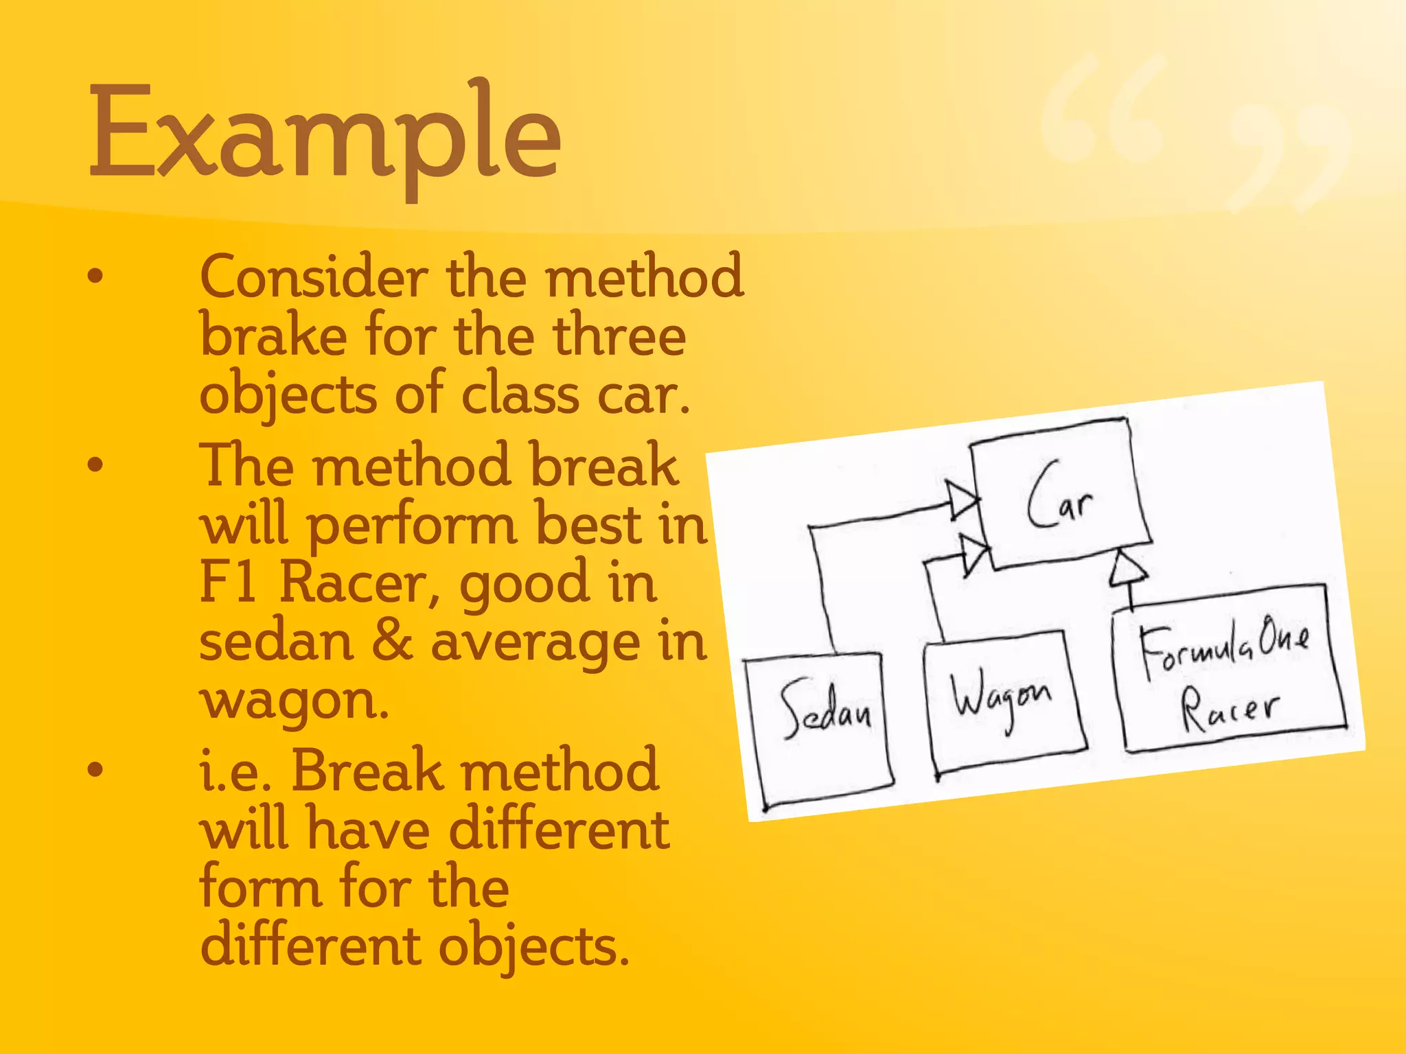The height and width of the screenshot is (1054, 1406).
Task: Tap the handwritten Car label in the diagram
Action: tap(1061, 495)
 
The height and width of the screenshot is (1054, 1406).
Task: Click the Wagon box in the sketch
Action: tap(1004, 703)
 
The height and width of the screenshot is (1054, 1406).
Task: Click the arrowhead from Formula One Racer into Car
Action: tap(1129, 569)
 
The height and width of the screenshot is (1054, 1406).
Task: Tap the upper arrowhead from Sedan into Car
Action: tap(963, 502)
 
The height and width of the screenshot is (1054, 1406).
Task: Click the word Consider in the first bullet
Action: tap(314, 277)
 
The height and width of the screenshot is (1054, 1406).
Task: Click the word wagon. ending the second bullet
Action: tap(294, 701)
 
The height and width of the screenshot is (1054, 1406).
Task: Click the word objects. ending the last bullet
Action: tap(533, 947)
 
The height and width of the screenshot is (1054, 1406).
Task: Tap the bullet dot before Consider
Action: tap(95, 277)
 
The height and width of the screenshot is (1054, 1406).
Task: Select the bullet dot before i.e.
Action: tap(95, 769)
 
